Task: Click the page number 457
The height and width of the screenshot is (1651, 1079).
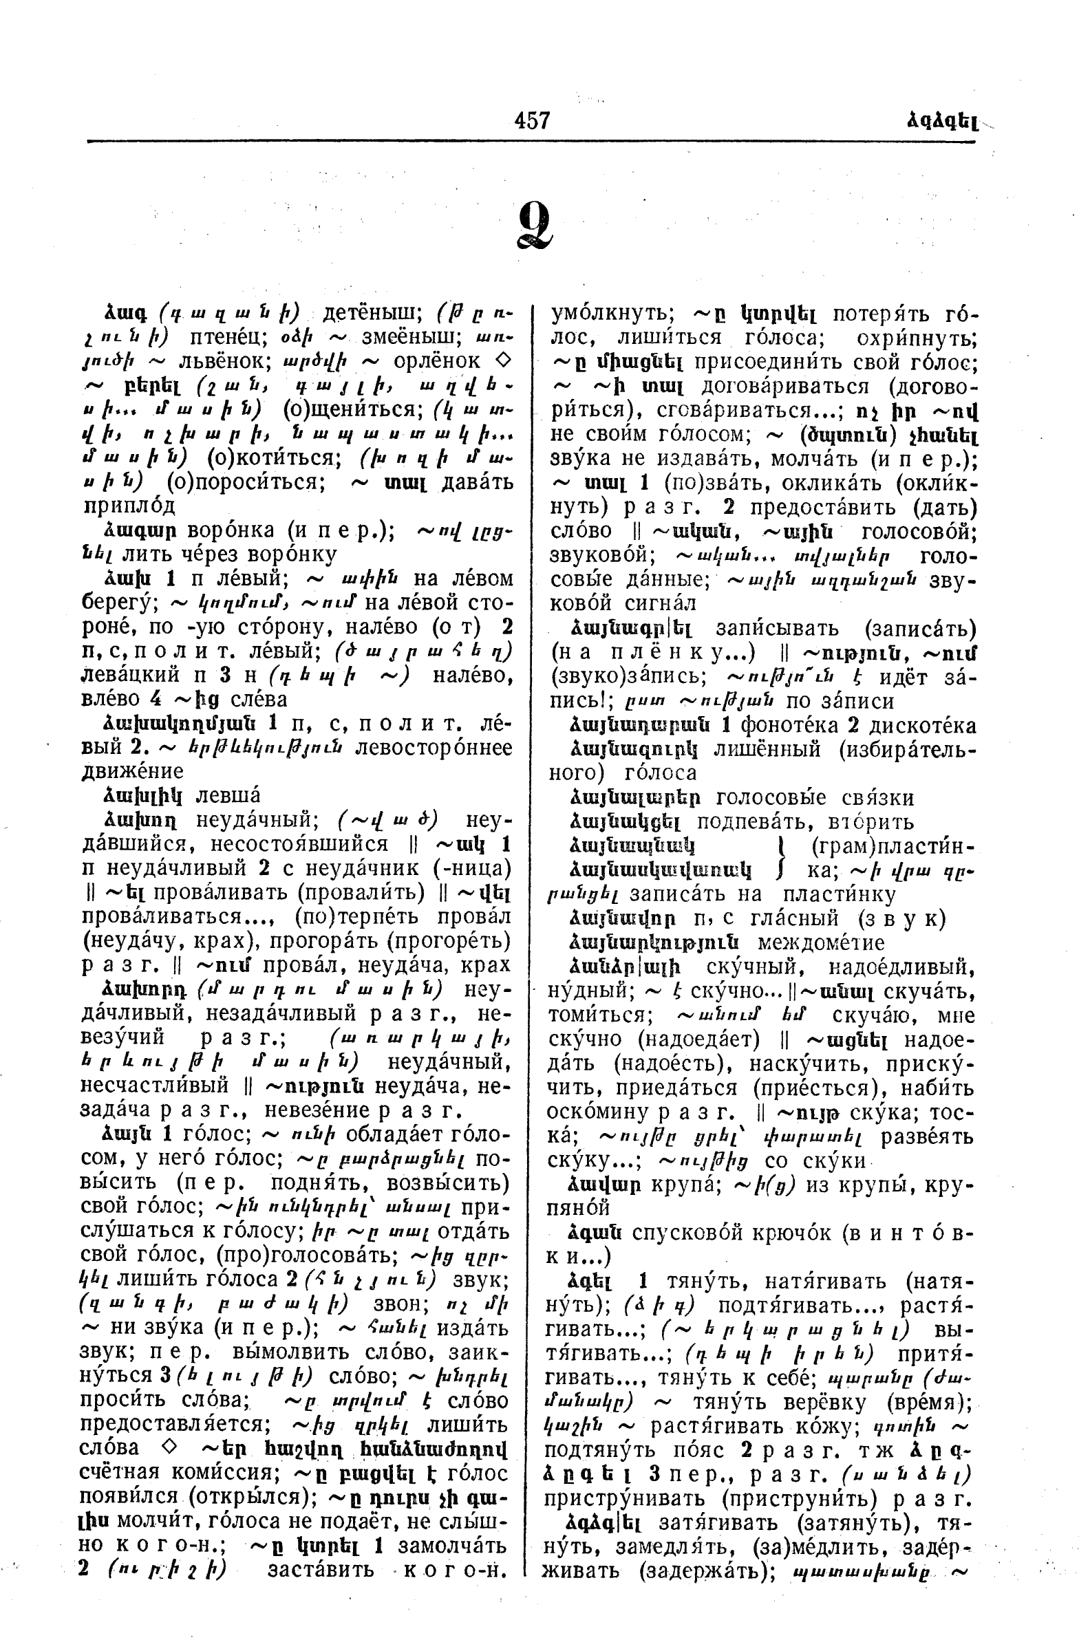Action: pos(532,120)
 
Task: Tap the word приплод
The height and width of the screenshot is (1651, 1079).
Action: pos(129,506)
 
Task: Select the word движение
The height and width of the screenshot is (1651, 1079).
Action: pos(133,771)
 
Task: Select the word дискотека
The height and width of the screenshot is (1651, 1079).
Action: pos(916,726)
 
